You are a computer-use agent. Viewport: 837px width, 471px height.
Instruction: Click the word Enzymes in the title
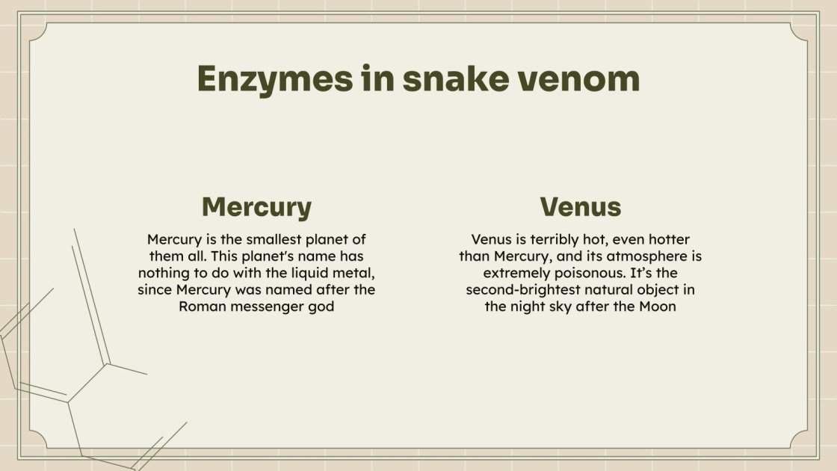pyautogui.click(x=274, y=79)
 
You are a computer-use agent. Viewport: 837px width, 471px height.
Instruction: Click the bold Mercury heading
pyautogui.click(x=256, y=207)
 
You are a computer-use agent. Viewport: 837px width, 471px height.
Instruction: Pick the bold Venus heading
pyautogui.click(x=580, y=207)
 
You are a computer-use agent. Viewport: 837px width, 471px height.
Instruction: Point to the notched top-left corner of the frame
pyautogui.click(x=39, y=31)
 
